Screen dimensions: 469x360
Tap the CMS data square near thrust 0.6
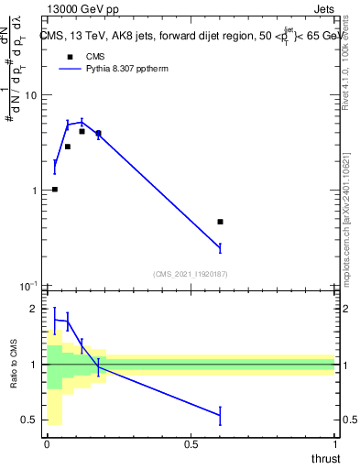click(220, 222)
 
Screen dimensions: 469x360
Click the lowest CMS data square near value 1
click(55, 190)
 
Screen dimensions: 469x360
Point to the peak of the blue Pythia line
click(82, 122)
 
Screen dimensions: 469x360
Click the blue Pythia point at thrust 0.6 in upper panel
click(220, 247)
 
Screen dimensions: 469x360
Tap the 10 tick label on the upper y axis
click(30, 96)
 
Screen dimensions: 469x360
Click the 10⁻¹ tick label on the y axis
click(27, 286)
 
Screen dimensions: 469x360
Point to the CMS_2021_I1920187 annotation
click(190, 273)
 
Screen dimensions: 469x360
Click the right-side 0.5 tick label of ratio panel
click(348, 420)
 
